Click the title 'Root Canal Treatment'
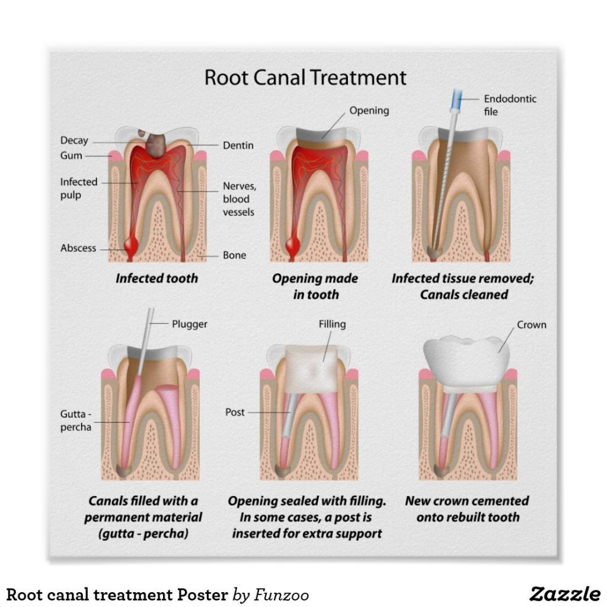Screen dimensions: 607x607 point(305,78)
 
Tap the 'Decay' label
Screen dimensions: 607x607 point(74,140)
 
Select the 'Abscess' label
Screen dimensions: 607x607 point(78,248)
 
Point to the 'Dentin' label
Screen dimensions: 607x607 point(238,145)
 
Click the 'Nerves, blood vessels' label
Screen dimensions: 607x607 point(239,199)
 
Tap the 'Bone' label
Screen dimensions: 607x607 point(234,255)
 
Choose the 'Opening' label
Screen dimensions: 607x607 point(369,110)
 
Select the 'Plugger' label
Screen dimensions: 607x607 point(190,324)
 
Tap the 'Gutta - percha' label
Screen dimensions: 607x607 point(76,420)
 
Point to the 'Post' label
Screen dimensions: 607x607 point(235,412)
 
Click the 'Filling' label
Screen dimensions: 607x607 point(332,324)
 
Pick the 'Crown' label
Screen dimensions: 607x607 point(531,325)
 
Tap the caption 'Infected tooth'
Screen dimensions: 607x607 point(156,278)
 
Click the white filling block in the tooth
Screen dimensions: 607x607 point(312,362)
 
